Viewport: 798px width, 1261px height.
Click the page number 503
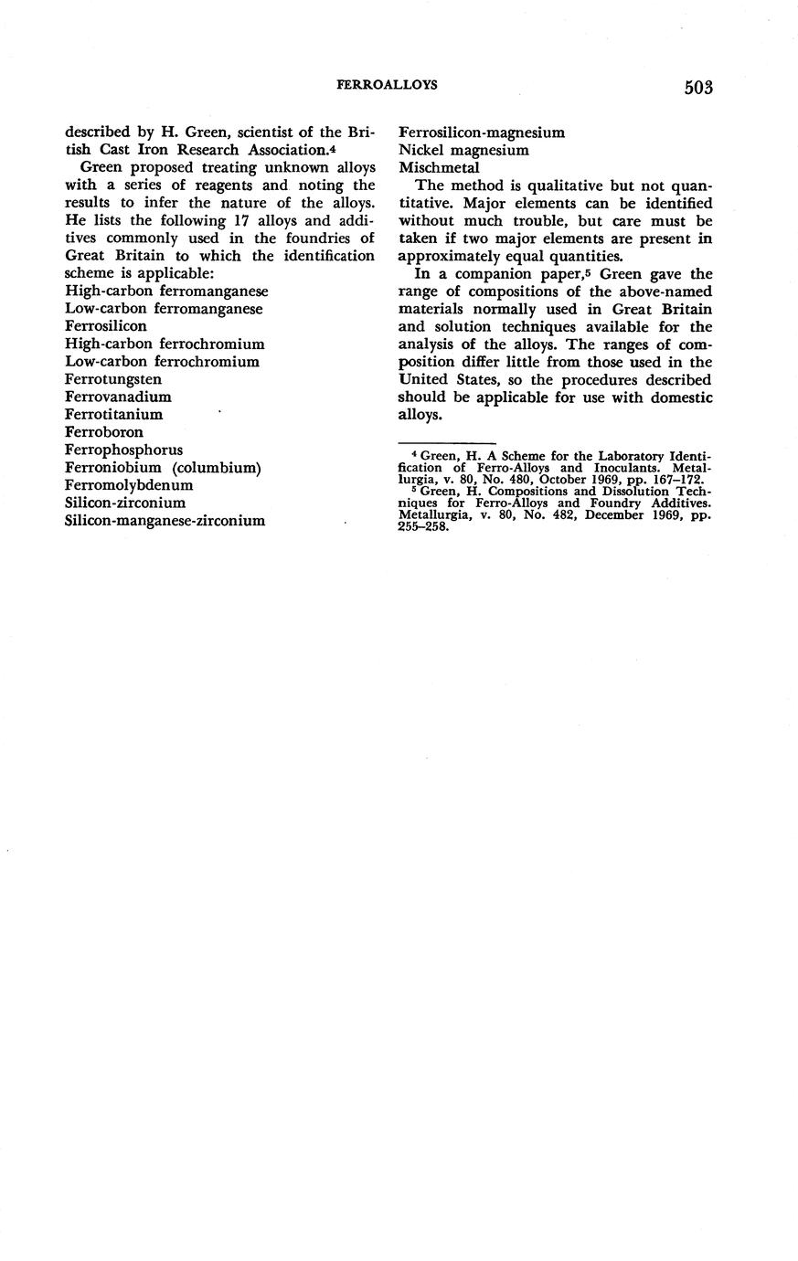(x=697, y=88)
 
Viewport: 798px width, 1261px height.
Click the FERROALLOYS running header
(x=387, y=84)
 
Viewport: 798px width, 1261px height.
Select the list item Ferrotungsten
(x=111, y=379)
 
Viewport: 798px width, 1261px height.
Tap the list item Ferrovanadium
(x=118, y=397)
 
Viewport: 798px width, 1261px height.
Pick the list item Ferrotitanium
(x=114, y=414)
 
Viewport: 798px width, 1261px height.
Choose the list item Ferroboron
(x=104, y=432)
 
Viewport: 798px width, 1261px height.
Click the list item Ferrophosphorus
(x=124, y=450)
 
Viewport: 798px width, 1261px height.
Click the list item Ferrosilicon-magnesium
(x=482, y=132)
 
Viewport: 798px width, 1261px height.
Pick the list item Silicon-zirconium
(x=125, y=503)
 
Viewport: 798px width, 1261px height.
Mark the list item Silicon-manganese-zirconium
(x=165, y=521)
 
